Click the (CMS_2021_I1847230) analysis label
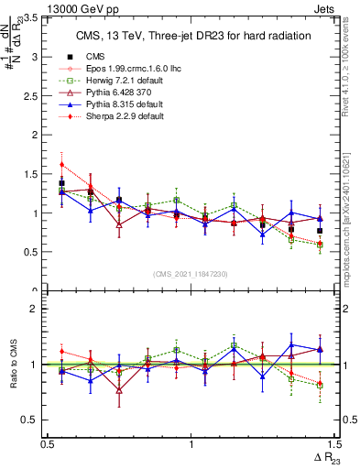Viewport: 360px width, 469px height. pos(191,274)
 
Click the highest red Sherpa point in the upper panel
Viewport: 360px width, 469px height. pos(61,165)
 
